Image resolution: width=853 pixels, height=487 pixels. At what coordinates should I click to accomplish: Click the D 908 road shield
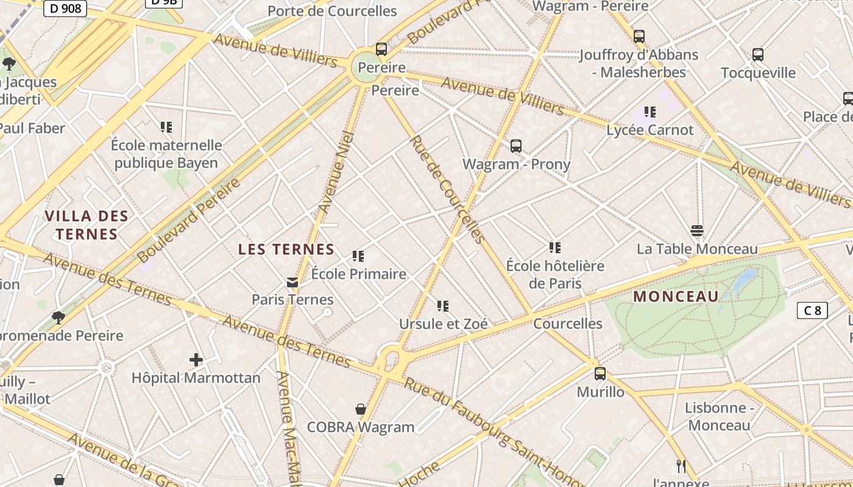65,9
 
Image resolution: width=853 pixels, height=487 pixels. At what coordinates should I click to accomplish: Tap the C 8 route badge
812,310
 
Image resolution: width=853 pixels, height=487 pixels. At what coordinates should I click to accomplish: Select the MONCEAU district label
676,297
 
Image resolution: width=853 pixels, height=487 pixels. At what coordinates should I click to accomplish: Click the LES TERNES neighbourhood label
286,249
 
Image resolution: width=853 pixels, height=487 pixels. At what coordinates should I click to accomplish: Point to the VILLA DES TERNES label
87,225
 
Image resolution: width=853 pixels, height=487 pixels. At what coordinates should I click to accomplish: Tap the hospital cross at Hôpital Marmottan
196,360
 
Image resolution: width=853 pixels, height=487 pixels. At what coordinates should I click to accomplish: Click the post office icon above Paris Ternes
292,282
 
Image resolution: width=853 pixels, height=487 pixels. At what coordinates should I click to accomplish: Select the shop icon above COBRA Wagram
361,409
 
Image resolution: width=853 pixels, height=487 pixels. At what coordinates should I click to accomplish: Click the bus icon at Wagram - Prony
516,146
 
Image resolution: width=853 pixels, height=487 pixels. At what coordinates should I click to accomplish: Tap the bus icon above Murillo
600,373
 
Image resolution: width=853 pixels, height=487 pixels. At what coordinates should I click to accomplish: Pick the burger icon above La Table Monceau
697,231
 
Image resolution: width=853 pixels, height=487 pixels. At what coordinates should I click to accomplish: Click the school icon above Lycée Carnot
650,112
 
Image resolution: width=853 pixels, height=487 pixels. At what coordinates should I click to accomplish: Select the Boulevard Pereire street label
189,220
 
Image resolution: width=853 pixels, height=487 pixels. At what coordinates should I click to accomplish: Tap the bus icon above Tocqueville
758,55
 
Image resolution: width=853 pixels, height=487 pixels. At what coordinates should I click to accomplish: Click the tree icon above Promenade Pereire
58,317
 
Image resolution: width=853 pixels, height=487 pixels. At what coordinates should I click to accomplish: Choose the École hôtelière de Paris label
555,275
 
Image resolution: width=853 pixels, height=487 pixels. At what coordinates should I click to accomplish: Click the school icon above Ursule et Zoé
443,306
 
